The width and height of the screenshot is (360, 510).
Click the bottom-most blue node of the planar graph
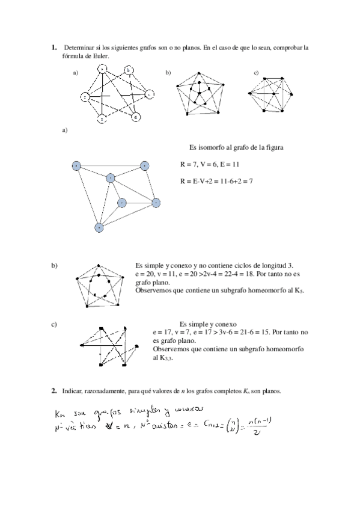tap(99, 227)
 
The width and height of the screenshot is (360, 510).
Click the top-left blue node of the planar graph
tap(76, 165)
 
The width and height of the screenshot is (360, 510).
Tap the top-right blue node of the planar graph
tap(144, 165)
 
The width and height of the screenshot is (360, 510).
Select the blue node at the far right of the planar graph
tap(156, 202)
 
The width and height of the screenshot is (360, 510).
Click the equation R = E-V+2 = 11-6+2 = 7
tap(217, 180)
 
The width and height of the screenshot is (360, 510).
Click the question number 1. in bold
tap(54, 47)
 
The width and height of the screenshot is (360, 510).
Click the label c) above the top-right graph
tap(256, 73)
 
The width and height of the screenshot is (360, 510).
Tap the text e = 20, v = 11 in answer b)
tap(157, 274)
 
